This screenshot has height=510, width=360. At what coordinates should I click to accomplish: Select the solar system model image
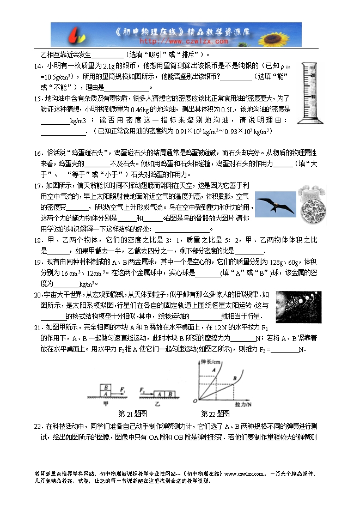(x=298, y=303)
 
